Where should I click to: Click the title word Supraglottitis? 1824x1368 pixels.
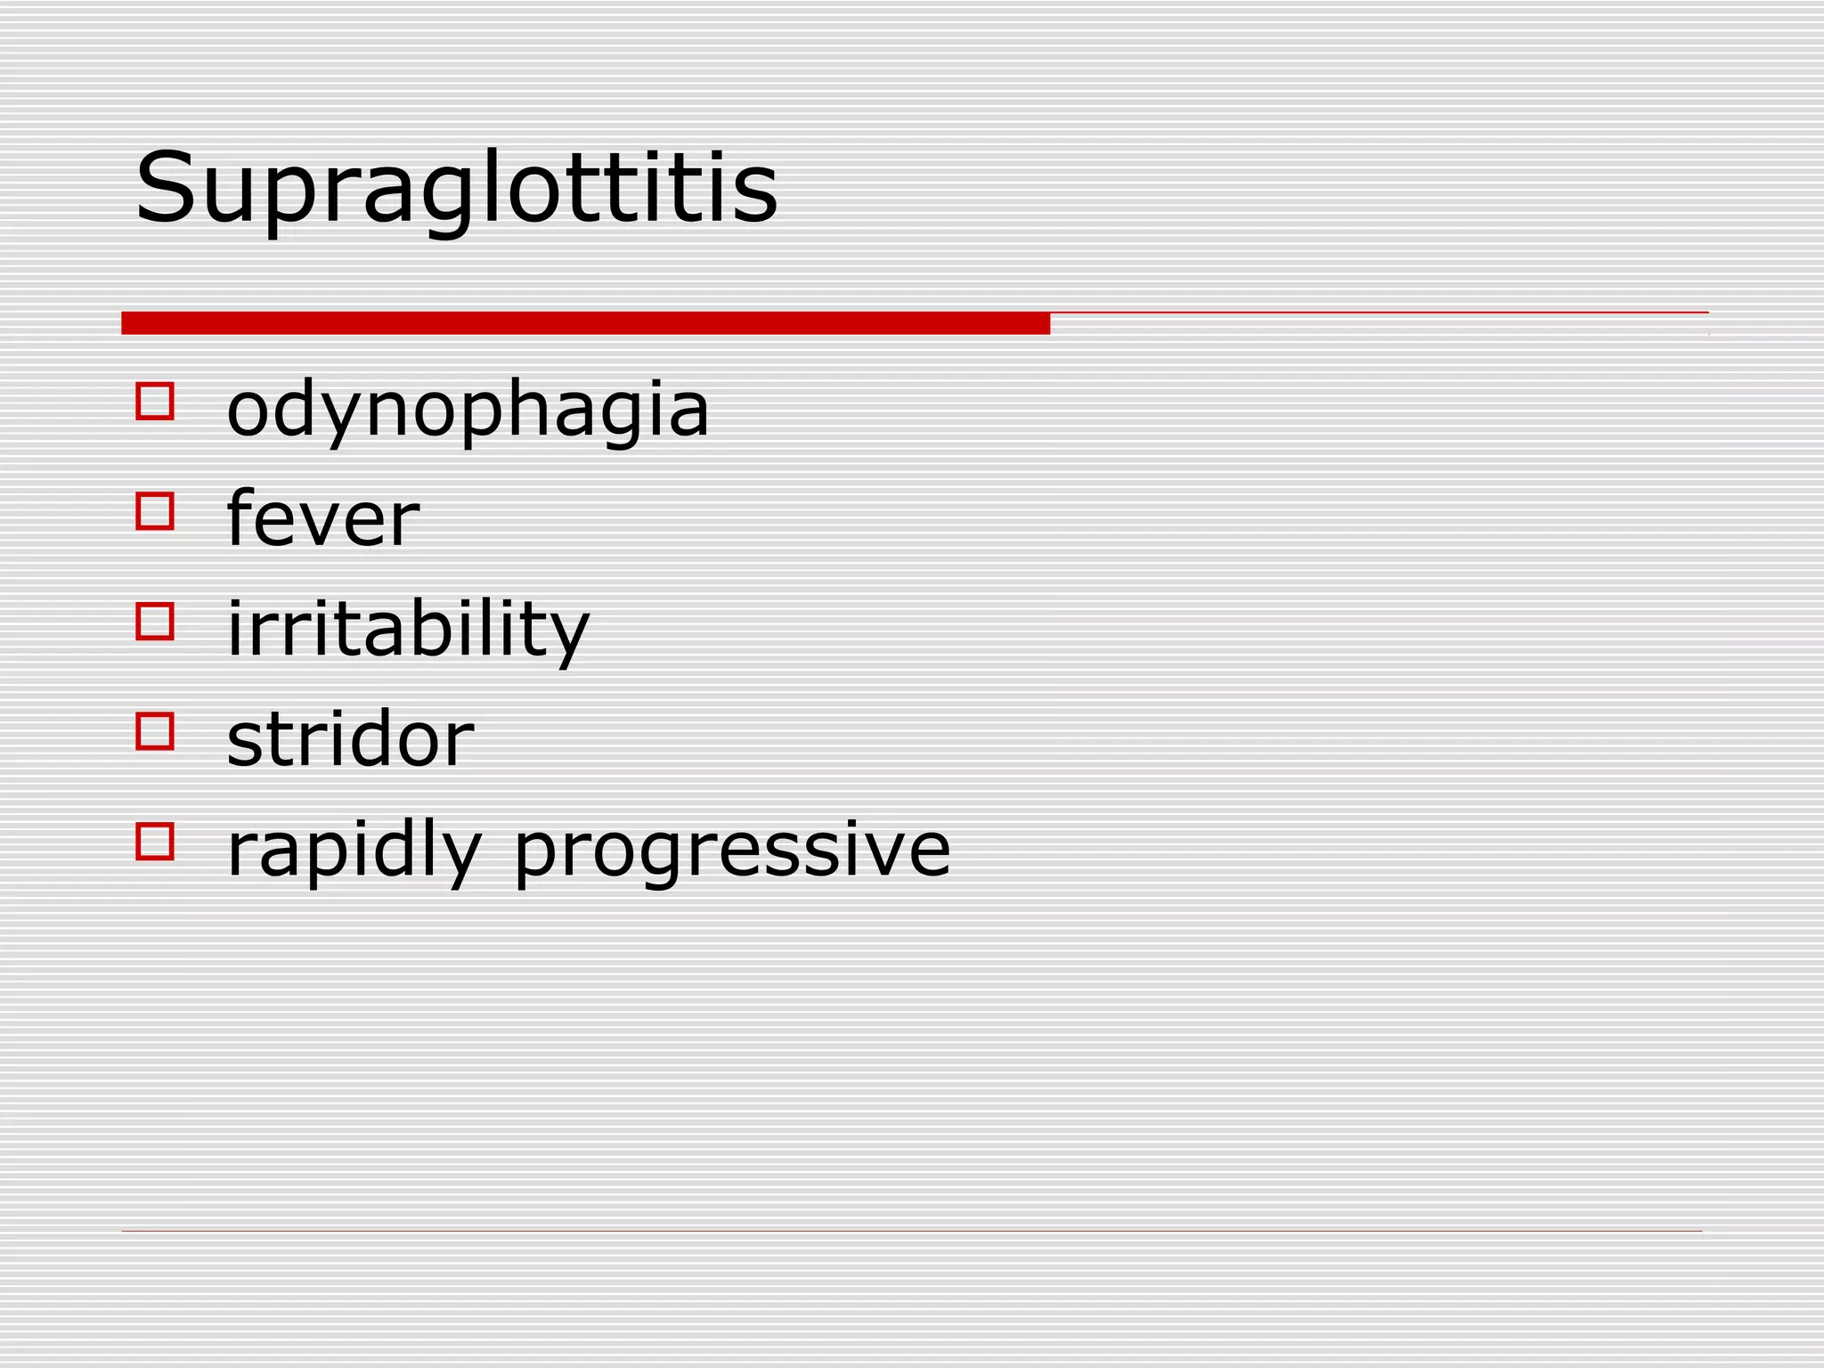tap(456, 189)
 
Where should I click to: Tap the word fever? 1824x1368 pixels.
tap(322, 518)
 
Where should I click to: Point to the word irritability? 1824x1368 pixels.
tap(408, 629)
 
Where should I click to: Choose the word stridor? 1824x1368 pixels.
tap(350, 738)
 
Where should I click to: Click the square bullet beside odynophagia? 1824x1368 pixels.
tap(155, 401)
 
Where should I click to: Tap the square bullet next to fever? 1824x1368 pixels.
tap(155, 511)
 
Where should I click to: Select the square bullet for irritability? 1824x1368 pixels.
tap(155, 621)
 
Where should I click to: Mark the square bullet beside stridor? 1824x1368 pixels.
tap(155, 730)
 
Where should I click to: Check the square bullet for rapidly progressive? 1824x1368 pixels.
tap(155, 841)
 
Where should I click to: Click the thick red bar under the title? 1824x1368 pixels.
tap(585, 323)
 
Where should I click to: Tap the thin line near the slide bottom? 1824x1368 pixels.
tap(911, 1232)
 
